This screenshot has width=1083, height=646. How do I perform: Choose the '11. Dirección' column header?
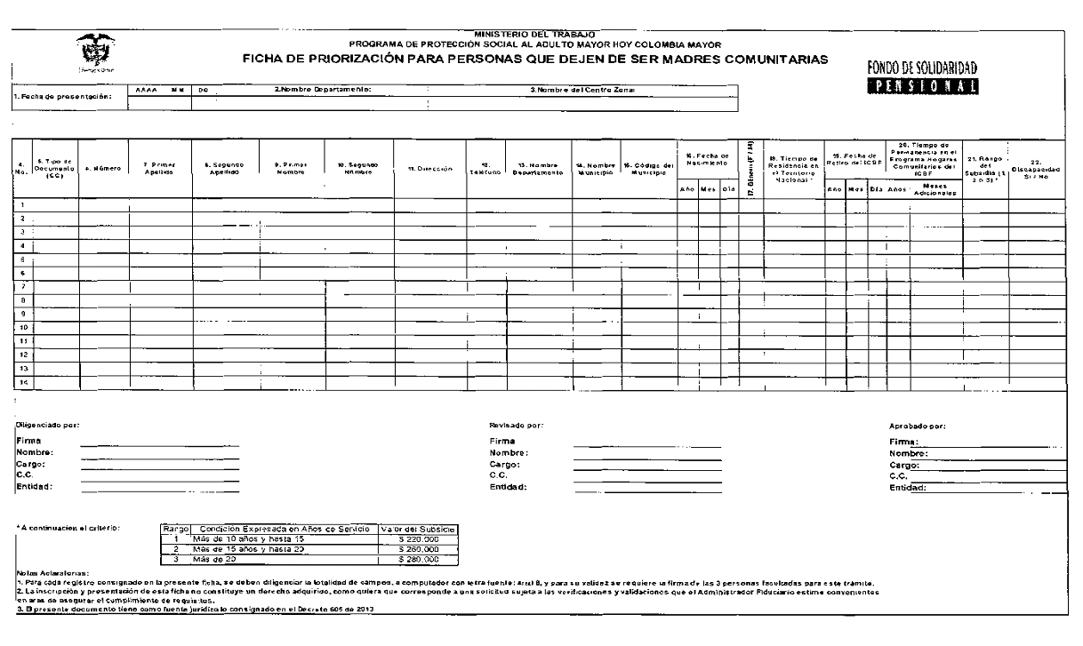tap(430, 168)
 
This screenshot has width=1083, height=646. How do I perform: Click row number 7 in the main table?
tap(21, 286)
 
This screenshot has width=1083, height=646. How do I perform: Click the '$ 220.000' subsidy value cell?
tap(418, 538)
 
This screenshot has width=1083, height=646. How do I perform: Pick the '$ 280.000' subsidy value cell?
tap(418, 560)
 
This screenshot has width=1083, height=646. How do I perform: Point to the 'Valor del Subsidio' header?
tap(417, 529)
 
